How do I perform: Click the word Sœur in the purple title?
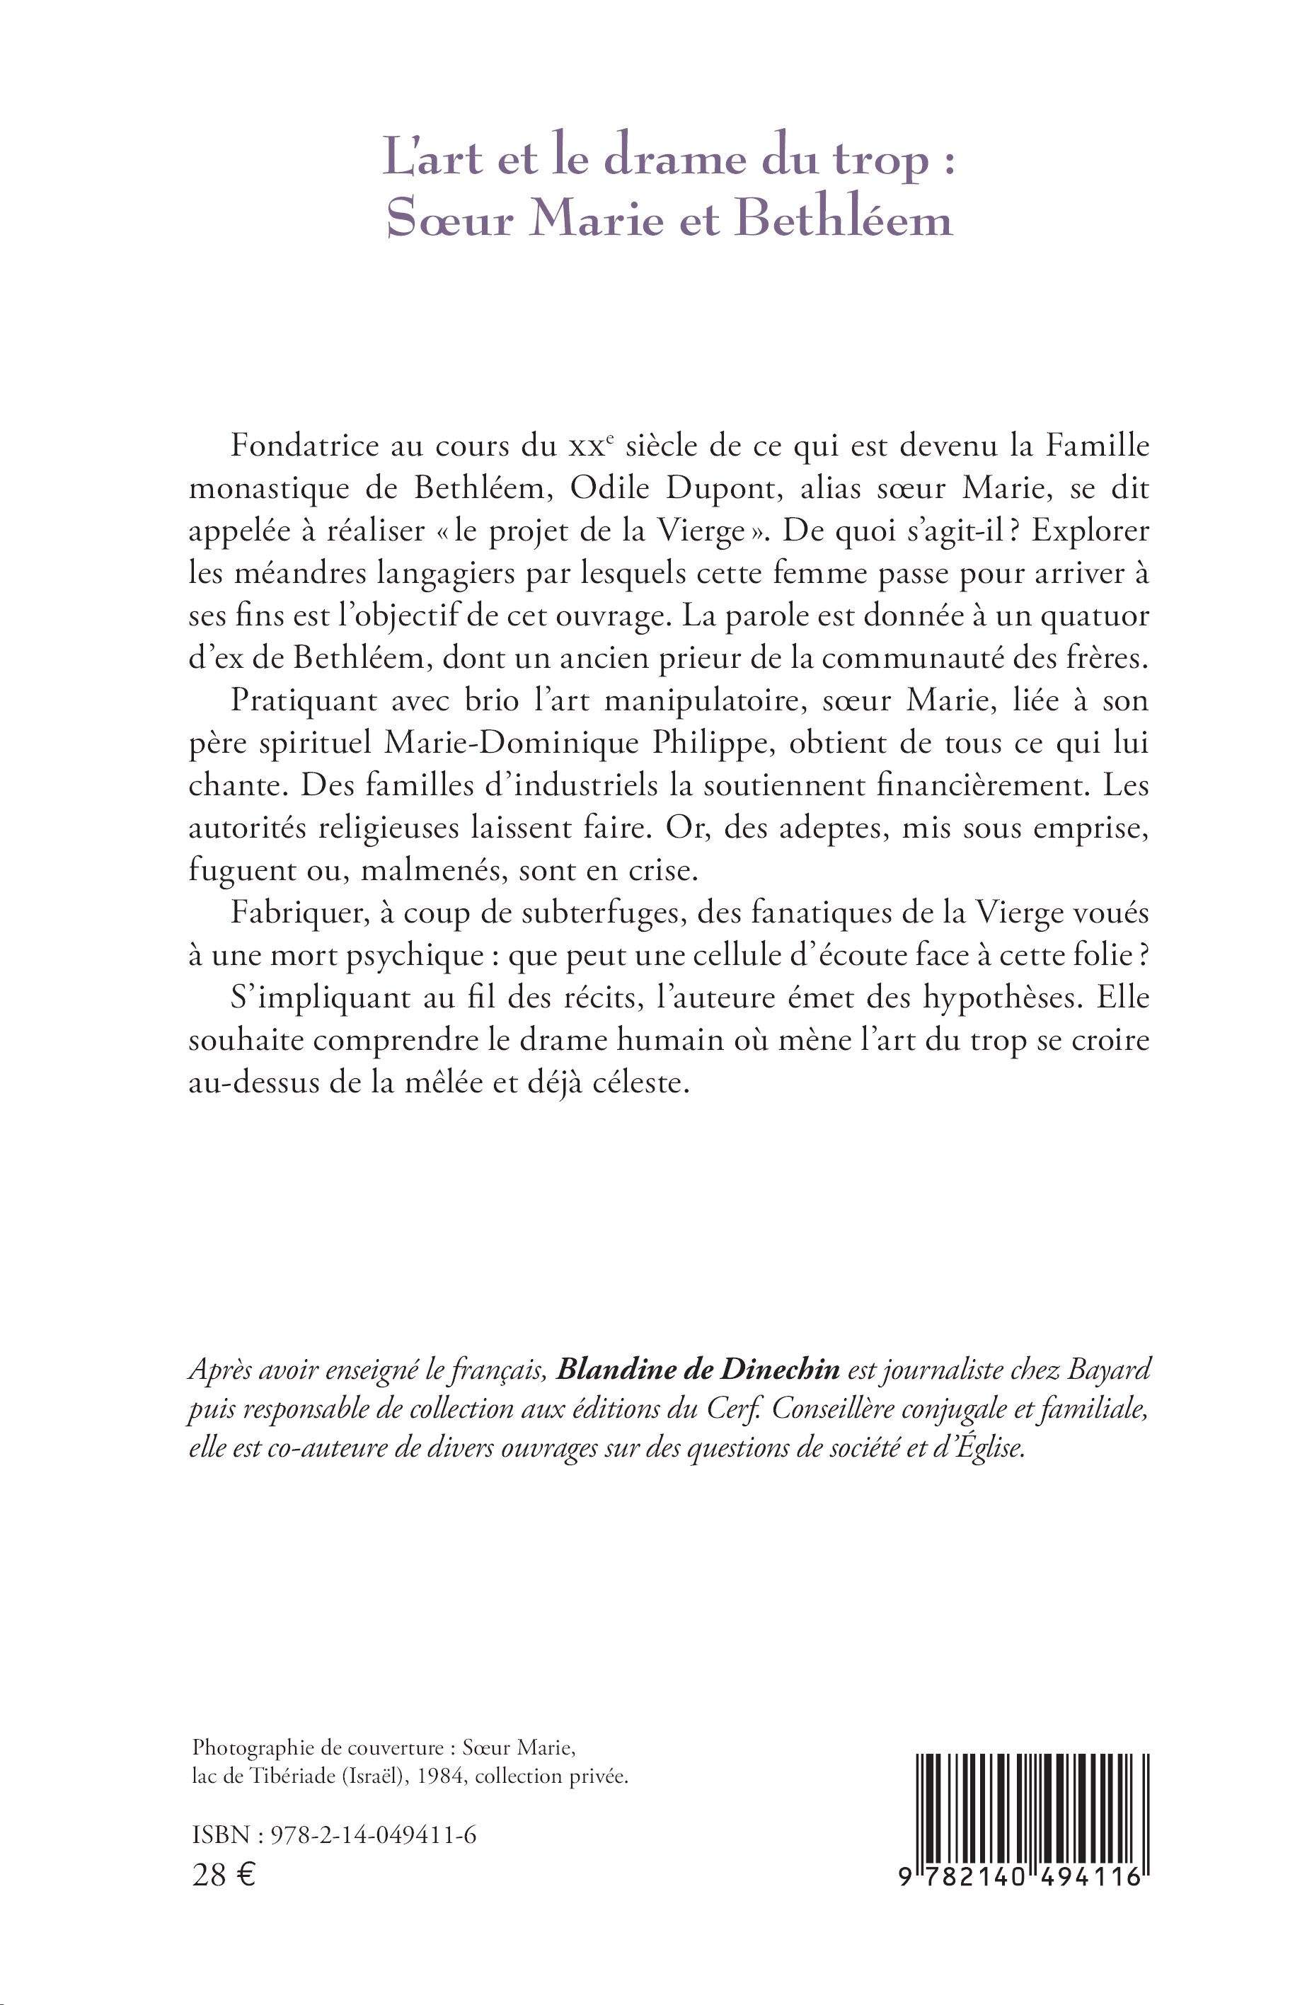[450, 219]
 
